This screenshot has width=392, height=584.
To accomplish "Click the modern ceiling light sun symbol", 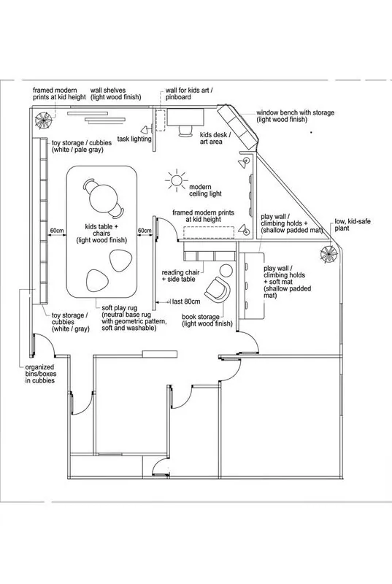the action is [x=177, y=180].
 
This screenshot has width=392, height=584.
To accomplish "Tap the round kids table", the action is [x=104, y=199].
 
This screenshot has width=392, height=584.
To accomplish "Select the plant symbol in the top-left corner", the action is [x=44, y=120].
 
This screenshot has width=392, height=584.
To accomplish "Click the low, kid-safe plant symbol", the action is [x=329, y=254].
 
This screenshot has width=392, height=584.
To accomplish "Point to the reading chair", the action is [x=218, y=289].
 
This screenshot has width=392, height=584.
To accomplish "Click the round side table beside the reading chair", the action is [x=226, y=270].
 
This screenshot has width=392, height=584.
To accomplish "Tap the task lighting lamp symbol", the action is [x=146, y=130].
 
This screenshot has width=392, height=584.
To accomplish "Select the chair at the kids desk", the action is [x=185, y=131].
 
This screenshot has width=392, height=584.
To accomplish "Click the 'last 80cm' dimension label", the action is [x=185, y=301].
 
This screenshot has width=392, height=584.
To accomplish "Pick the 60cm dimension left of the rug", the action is [x=57, y=231].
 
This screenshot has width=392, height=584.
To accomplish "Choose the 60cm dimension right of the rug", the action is [x=145, y=231].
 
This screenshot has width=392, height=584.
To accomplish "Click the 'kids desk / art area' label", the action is [x=215, y=138].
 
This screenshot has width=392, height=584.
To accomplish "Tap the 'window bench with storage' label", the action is [x=295, y=116].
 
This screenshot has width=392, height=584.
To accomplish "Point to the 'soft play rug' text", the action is [x=120, y=308].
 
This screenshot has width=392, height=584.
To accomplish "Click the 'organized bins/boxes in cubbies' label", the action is [x=41, y=374].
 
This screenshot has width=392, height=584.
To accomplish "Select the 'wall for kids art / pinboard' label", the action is [x=189, y=93].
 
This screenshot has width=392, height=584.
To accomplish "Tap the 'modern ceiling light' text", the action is [x=206, y=191].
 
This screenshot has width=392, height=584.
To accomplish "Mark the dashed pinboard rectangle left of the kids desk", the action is [x=161, y=120].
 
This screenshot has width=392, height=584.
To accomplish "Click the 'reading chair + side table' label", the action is [x=180, y=276].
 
